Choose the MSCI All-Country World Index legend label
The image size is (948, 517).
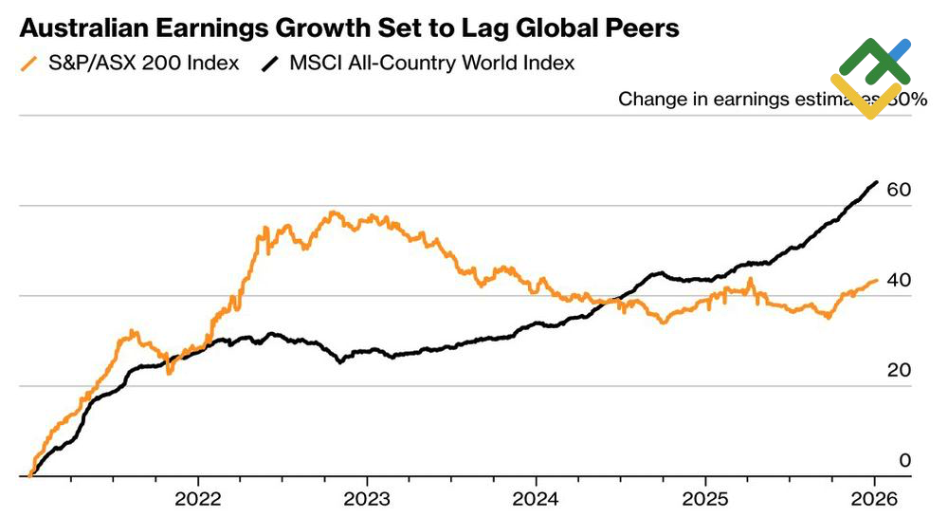[431, 64]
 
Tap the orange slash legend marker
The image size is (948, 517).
[27, 64]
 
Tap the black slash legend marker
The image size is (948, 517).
[270, 64]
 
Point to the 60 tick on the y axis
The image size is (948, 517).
[899, 191]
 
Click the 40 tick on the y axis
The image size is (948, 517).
[899, 281]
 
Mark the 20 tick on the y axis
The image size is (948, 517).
[899, 371]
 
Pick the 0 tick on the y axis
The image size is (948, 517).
[904, 461]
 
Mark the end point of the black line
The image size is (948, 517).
[876, 181]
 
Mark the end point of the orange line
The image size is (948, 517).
[876, 280]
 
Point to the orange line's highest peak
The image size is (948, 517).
[334, 212]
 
